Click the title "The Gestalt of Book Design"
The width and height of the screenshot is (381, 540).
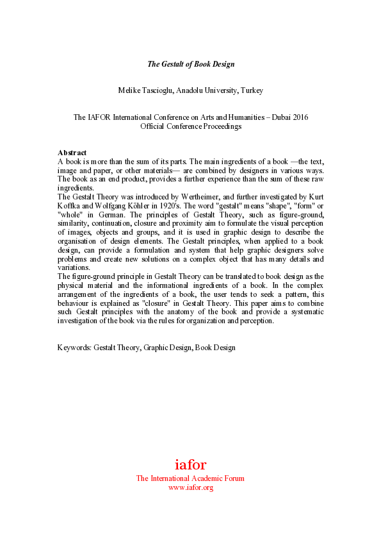pyautogui.click(x=190, y=63)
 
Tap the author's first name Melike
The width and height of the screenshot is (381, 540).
pyautogui.click(x=130, y=90)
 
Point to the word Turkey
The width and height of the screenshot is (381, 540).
pyautogui.click(x=251, y=90)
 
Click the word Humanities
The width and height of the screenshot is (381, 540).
pyautogui.click(x=243, y=117)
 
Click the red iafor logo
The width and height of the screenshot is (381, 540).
pyautogui.click(x=190, y=464)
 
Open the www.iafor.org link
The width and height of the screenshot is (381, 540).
pyautogui.click(x=190, y=487)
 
